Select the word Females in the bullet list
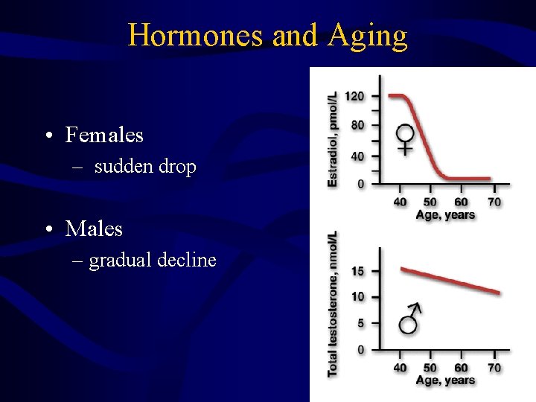pos(104,135)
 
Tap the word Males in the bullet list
pos(94,229)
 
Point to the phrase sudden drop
pos(145,167)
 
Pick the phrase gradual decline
pos(153,260)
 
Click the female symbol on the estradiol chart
pos(405,138)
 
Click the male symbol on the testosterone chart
pos(410,318)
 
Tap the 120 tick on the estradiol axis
pos(356,96)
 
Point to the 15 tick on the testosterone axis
pos(358,271)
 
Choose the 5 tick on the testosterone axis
pos(361,323)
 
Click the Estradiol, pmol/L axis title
pos(333,139)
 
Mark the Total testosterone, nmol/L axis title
pos(333,303)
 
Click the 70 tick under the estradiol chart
pos(494,202)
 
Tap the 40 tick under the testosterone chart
pos(400,368)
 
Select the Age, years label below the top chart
pos(445,215)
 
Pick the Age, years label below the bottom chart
pos(445,380)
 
